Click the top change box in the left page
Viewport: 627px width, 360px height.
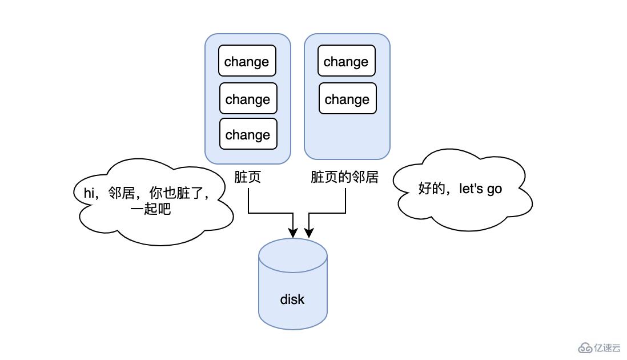coord(247,61)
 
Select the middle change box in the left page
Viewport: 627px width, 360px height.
coord(248,99)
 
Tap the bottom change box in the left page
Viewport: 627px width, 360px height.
coord(248,134)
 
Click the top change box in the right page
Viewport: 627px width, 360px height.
coord(346,61)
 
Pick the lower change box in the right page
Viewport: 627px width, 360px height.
coord(347,99)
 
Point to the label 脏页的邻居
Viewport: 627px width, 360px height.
coord(344,177)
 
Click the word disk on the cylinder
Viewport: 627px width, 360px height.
coord(292,299)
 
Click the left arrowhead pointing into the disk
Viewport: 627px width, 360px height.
coord(293,233)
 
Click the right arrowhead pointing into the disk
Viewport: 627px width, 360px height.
coord(309,233)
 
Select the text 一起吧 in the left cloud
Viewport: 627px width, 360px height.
coord(151,209)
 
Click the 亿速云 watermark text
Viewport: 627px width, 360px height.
coord(607,348)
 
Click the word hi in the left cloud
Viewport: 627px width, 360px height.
coord(89,193)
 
